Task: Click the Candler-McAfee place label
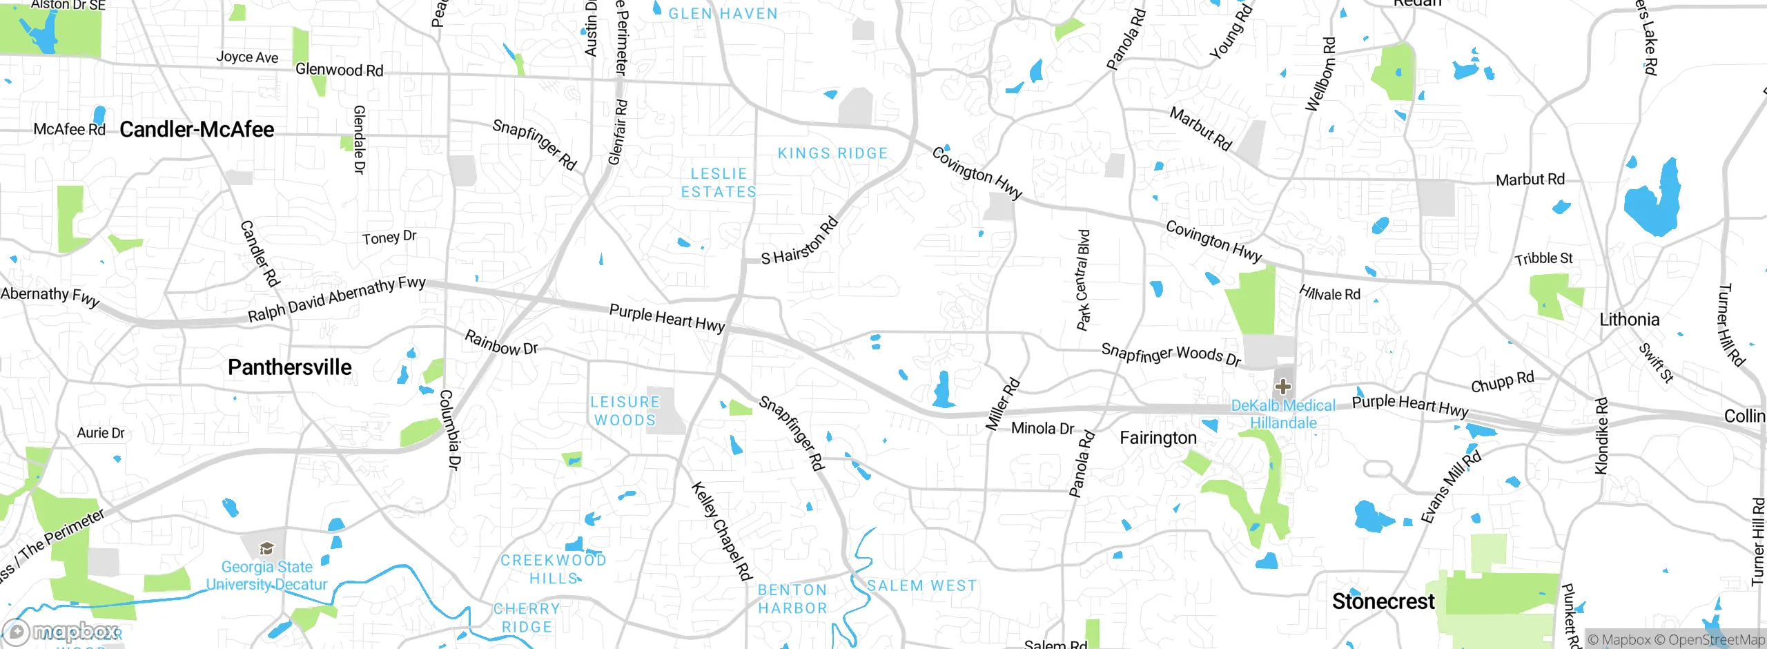click(197, 130)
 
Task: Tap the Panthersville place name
click(290, 367)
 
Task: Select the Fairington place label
click(1158, 438)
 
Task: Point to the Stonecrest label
click(1383, 601)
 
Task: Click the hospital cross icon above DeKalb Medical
click(1283, 387)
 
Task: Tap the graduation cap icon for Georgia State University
click(266, 549)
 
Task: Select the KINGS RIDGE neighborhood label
click(832, 153)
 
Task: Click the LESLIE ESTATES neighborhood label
click(719, 183)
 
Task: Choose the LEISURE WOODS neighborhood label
click(625, 411)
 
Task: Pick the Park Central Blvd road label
click(1083, 280)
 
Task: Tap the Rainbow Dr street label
click(500, 342)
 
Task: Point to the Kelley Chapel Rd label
click(721, 531)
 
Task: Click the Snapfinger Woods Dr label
click(1171, 354)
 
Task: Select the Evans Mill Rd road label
click(1451, 487)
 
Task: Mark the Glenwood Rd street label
click(339, 70)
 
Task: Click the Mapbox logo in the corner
click(61, 632)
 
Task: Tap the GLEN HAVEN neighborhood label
click(723, 14)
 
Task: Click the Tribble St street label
click(1543, 259)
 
